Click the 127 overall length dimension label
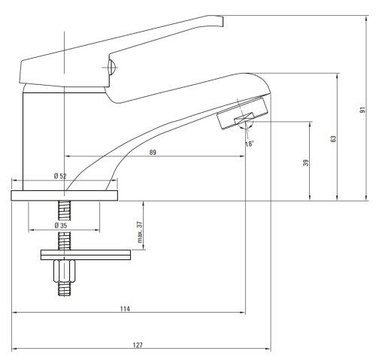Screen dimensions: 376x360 (138, 345)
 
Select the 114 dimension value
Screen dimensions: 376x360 (125, 309)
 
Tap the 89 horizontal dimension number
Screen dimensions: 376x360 (153, 153)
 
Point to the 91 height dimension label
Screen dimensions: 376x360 (362, 110)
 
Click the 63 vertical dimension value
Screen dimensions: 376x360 (333, 139)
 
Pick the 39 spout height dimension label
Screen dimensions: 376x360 (306, 163)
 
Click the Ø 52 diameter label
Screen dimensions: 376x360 (60, 176)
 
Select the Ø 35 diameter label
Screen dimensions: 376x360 (61, 225)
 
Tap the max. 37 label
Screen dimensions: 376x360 (140, 232)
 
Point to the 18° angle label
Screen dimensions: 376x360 (250, 144)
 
